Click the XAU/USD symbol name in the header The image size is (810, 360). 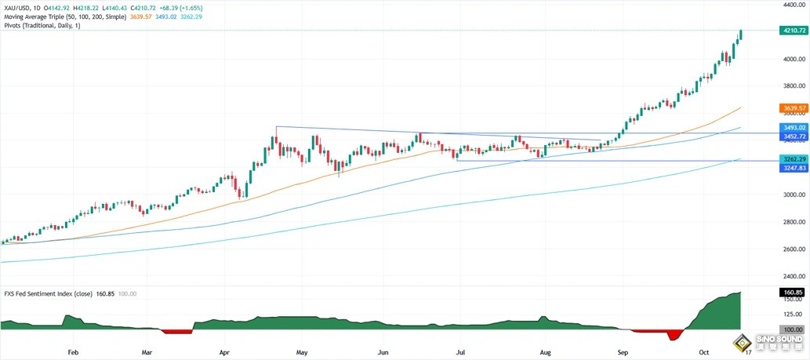[16, 7]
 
